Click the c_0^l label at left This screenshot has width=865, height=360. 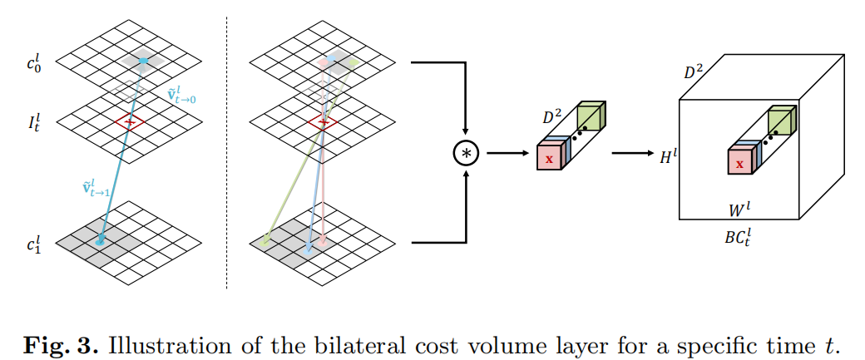(35, 62)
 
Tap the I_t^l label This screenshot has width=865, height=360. (34, 126)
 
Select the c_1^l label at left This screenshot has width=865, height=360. (35, 244)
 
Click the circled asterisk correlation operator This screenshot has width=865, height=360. (466, 153)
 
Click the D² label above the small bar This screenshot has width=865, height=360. (553, 119)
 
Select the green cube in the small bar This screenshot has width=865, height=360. (590, 116)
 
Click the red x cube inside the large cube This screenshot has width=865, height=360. (739, 163)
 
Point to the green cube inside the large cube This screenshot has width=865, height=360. (780, 121)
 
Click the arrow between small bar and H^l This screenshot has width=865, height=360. (633, 153)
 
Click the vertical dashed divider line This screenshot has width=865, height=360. (227, 150)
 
